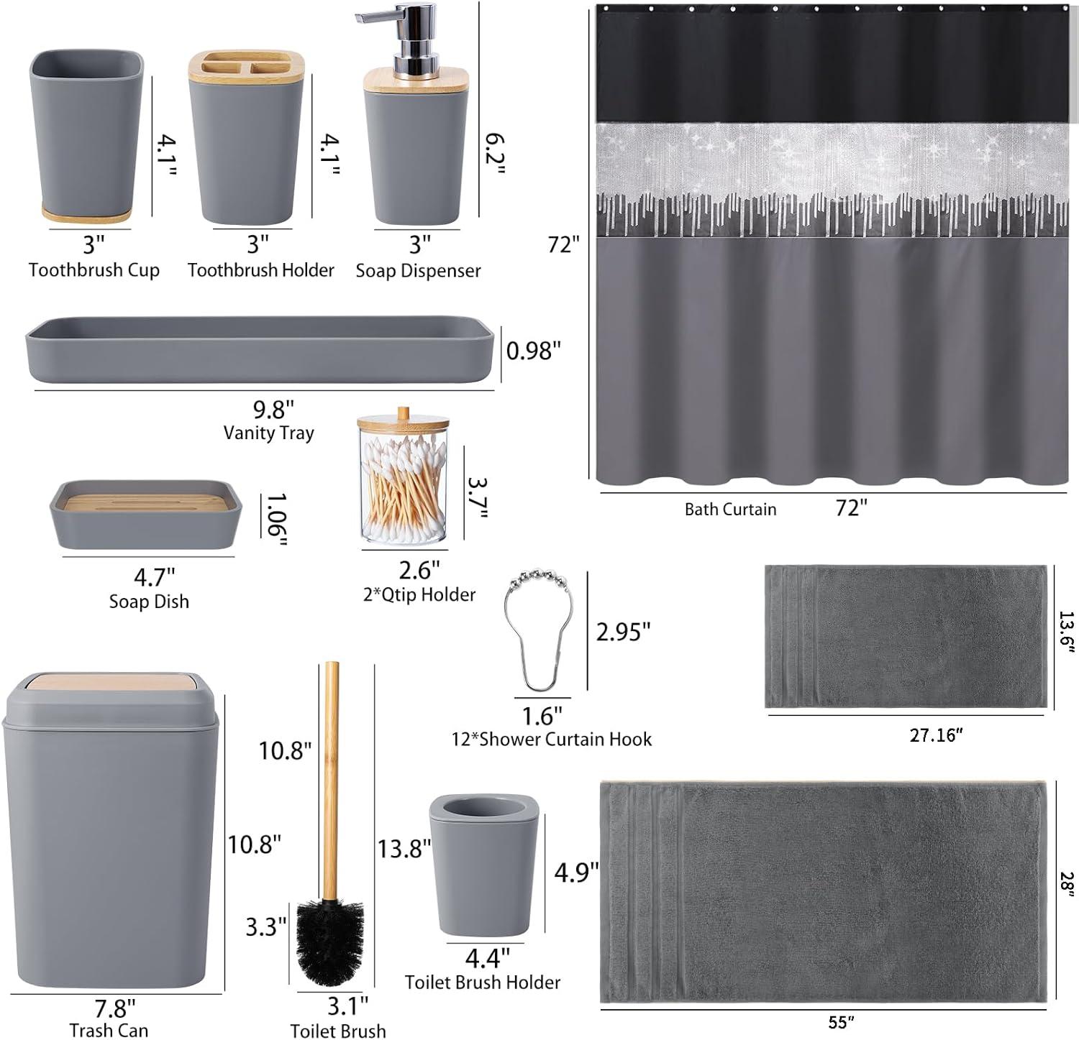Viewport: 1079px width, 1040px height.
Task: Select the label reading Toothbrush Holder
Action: click(260, 270)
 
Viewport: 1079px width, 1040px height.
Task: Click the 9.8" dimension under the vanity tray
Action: click(273, 409)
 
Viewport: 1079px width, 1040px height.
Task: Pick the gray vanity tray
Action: click(260, 349)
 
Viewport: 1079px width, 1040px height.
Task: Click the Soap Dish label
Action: click(149, 601)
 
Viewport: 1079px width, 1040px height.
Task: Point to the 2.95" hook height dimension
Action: click(623, 631)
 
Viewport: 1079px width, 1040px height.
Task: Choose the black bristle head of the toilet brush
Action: click(330, 939)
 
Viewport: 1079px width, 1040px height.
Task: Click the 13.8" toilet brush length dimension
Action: click(404, 849)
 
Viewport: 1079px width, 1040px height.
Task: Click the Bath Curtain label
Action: click(730, 509)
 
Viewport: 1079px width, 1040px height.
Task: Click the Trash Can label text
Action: click(109, 1030)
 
